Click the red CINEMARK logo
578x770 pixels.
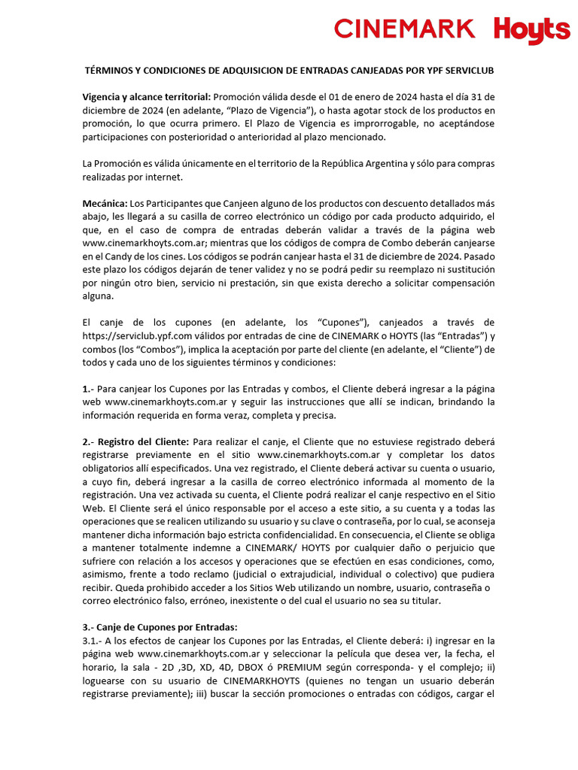(x=405, y=29)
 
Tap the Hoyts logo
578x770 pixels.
(x=532, y=31)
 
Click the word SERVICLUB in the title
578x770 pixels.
(x=466, y=70)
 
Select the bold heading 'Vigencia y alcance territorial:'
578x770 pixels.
(x=147, y=97)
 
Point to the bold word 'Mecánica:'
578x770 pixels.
(x=105, y=204)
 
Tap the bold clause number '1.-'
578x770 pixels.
(x=89, y=389)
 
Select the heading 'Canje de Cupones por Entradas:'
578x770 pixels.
(x=160, y=627)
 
